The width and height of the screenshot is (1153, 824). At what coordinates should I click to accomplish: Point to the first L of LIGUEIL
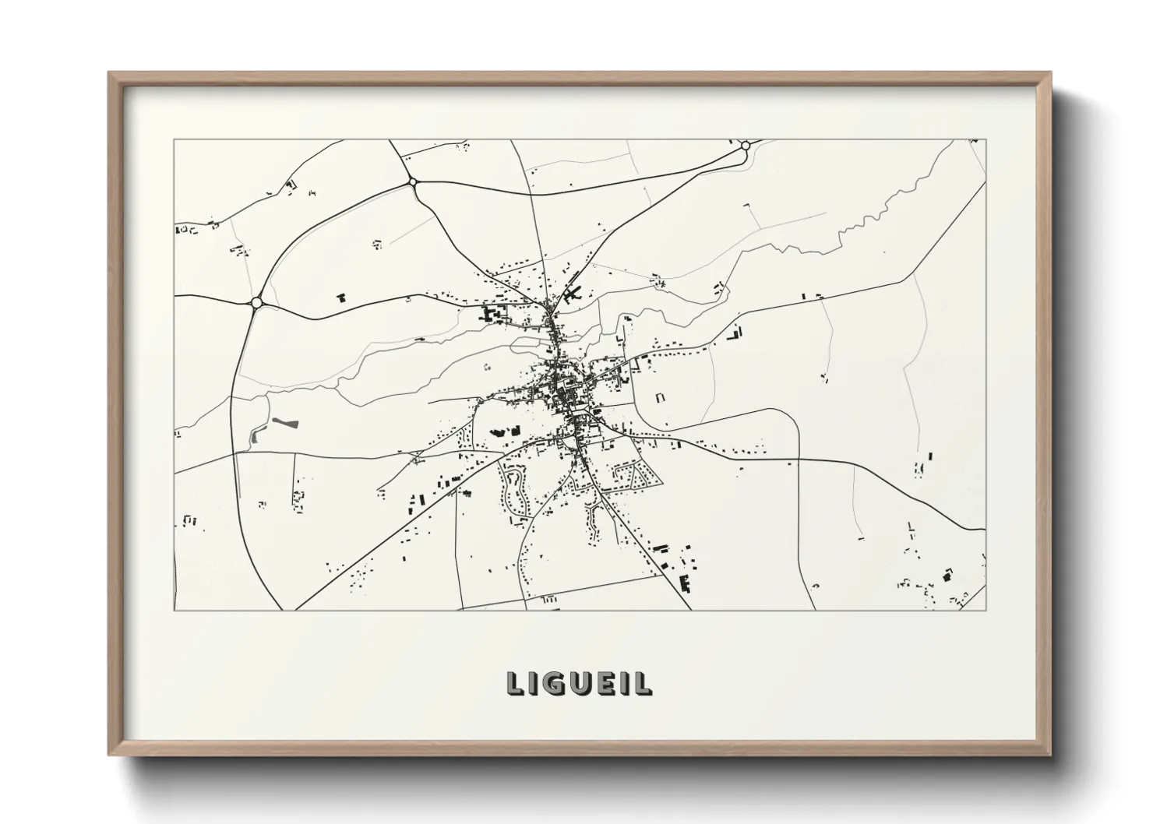(515, 683)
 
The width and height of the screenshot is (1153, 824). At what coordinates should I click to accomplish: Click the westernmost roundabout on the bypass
(256, 302)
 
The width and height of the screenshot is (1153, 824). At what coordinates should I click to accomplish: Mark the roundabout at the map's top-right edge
(746, 146)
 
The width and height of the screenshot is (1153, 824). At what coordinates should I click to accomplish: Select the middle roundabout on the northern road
(413, 182)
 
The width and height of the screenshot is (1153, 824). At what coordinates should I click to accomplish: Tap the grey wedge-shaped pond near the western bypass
(284, 424)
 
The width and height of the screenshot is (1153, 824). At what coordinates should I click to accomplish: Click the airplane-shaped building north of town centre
(574, 294)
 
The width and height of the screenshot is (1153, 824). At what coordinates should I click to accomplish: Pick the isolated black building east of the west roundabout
(340, 297)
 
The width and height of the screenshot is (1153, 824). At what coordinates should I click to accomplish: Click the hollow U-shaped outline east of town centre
(661, 397)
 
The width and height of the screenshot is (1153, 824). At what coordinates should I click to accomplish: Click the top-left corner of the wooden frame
(110, 73)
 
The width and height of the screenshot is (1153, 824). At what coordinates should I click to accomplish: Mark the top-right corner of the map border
(986, 140)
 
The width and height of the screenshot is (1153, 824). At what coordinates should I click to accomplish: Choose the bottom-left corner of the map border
(175, 610)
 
